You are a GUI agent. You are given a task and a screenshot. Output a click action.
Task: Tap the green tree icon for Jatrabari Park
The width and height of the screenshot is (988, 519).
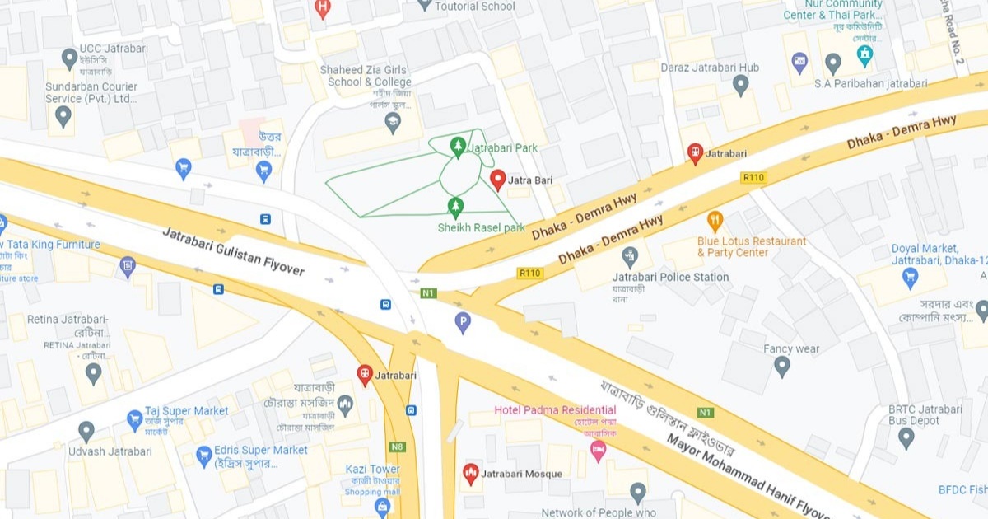pos(458,147)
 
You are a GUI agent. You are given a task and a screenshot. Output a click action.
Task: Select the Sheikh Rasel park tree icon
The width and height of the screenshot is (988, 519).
pos(454,206)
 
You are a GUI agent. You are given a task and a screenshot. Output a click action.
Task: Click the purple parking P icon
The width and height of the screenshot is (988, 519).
pos(463,322)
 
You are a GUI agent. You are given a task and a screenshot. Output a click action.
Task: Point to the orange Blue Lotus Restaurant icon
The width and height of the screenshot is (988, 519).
pos(715,221)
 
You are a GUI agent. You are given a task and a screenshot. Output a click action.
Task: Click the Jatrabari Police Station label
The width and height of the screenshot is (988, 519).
pos(670,277)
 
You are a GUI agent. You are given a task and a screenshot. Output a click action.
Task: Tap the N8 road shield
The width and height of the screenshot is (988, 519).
pos(398,447)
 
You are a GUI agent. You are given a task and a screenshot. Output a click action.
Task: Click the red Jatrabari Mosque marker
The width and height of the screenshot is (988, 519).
pos(470,473)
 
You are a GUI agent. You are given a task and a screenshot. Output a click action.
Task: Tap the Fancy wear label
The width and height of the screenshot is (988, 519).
pos(790,348)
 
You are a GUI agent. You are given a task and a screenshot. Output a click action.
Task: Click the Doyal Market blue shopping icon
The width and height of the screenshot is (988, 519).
pos(911,278)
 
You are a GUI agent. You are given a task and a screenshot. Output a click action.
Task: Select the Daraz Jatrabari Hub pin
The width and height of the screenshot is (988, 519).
pos(741,84)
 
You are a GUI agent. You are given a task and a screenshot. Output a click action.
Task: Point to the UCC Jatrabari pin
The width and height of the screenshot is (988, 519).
pos(70,58)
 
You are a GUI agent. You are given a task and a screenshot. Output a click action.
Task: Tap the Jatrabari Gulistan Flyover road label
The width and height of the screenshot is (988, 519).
pos(233,251)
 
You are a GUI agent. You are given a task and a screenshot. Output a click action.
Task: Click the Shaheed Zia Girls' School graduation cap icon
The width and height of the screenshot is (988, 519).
pos(394,123)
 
